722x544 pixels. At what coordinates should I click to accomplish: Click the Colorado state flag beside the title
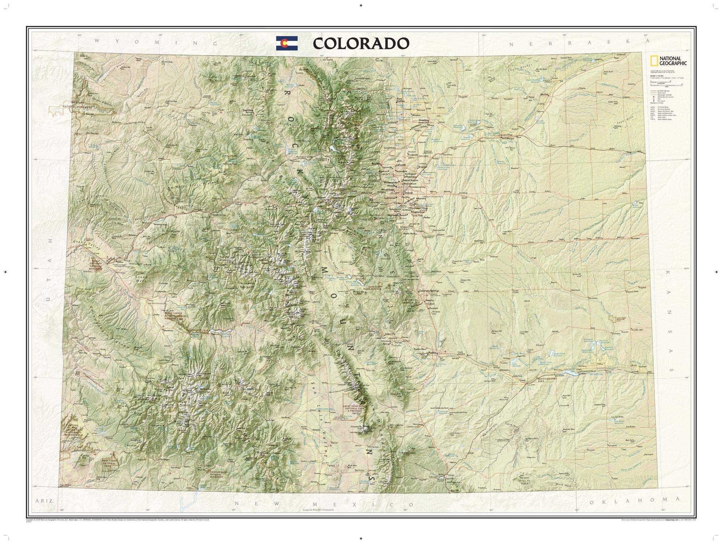click(287, 43)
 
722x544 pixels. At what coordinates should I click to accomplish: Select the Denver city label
click(408, 193)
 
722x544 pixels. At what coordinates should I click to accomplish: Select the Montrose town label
click(169, 331)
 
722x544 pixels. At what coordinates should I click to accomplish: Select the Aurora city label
click(422, 199)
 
